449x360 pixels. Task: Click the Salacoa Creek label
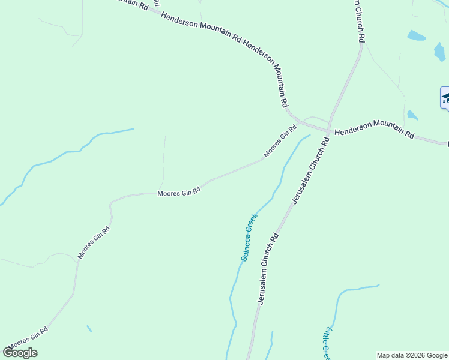pos(249,237)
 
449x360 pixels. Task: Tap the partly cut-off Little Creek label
pos(327,343)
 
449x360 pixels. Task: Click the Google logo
pos(20,352)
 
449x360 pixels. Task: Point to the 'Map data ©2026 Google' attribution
pos(412,355)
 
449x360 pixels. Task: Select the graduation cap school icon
pos(445,98)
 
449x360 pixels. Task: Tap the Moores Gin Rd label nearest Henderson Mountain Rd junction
pos(280,141)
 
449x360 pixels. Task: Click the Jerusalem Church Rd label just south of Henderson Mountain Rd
pos(310,170)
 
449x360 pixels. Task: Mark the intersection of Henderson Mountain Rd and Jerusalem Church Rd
pos(329,130)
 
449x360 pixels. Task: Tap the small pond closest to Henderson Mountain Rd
pos(412,115)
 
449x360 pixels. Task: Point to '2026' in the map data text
pos(415,355)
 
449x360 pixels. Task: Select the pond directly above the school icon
pos(440,52)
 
